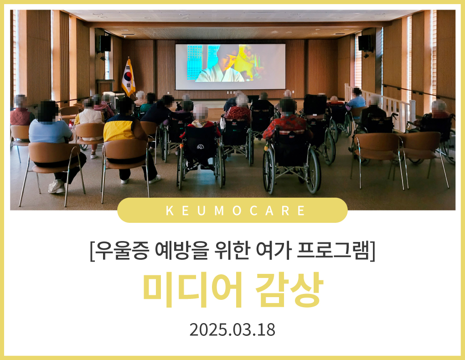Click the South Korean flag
[x=128, y=77]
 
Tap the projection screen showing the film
[x=230, y=67]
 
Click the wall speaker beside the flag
[x=104, y=44]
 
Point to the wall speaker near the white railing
[x=365, y=43]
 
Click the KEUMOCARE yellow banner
[x=232, y=210]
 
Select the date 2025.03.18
[x=232, y=330]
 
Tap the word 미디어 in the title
[x=192, y=289]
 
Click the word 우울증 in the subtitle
[x=122, y=251]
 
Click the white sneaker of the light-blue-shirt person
[x=57, y=186]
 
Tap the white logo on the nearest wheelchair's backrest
[x=200, y=147]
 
